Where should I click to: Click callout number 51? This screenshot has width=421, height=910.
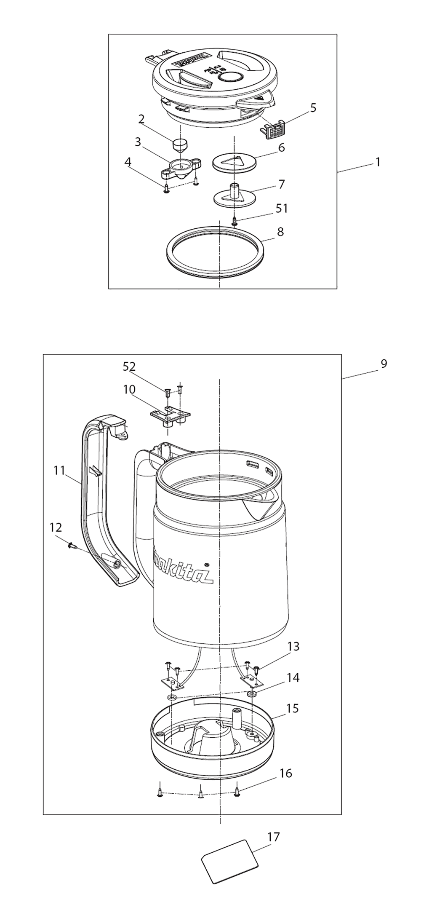[282, 208]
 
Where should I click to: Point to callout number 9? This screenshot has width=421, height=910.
[384, 363]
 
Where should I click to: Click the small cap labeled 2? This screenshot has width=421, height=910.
[181, 147]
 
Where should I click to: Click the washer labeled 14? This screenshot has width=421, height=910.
[252, 693]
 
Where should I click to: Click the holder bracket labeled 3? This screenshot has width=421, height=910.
[181, 168]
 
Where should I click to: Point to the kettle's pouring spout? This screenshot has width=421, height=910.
[263, 506]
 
